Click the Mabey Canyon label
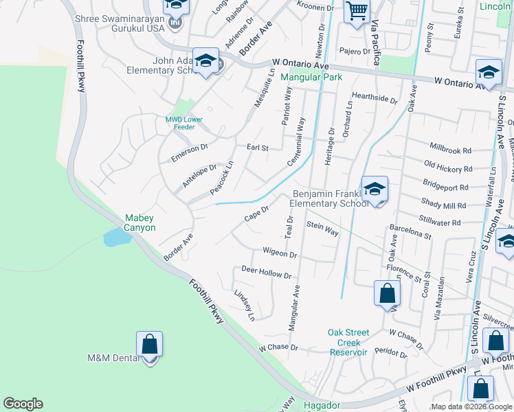pos(139,222)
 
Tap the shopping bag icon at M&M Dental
pos(149,345)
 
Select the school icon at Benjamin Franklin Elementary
pos(375,190)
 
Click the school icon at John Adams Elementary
pos(205,60)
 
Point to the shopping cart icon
pos(356,11)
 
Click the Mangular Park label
pos(311,78)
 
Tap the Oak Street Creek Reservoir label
pos(348,342)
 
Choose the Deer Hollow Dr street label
pos(266,273)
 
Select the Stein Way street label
pos(322,229)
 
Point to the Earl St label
pos(257,147)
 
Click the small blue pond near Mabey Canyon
pos(115,238)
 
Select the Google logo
pos(23,404)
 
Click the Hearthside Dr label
pos(375,99)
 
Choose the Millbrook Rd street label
pos(450,150)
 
